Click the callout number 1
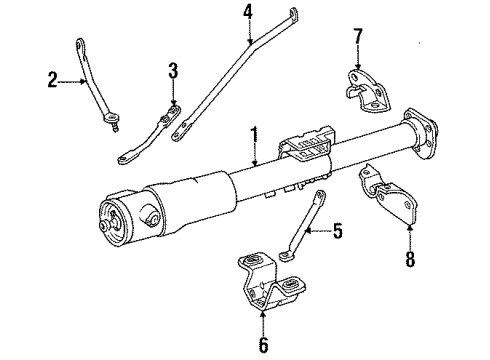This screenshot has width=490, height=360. [256, 135]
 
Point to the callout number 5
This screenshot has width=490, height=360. [337, 234]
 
